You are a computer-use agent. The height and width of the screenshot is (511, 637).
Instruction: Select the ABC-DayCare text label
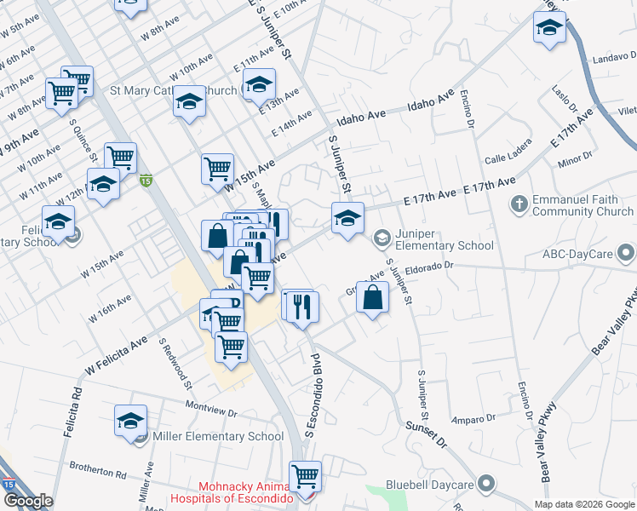point(578,254)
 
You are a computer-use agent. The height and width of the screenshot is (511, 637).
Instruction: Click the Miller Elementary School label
point(217,437)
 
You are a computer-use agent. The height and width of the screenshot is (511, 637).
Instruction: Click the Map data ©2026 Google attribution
point(584,504)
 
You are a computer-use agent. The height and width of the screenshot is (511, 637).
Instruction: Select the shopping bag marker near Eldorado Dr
point(373,297)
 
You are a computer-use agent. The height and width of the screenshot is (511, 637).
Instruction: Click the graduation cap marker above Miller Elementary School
point(131,421)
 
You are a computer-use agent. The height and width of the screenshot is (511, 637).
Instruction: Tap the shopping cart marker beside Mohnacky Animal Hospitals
point(305,476)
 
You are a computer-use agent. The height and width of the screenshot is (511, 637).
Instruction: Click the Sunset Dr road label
point(426,433)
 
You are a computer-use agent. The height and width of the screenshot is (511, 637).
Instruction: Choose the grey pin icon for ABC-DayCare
point(627,253)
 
